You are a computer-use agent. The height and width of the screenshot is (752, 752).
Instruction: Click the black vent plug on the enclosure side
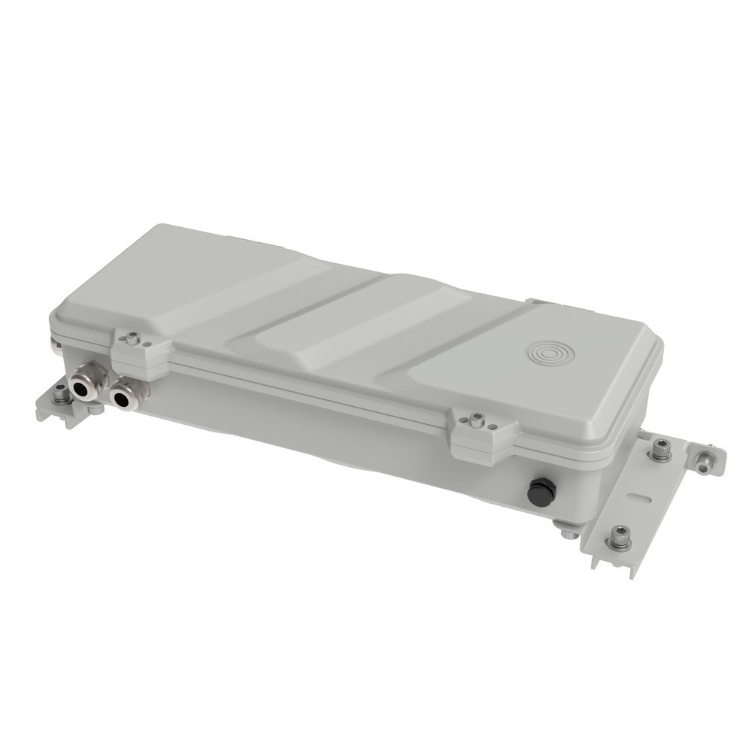541,491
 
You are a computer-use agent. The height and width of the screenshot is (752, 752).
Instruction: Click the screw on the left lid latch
133,338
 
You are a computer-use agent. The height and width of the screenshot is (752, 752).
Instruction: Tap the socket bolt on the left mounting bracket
61,393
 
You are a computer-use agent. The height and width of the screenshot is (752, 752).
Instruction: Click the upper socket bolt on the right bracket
661,450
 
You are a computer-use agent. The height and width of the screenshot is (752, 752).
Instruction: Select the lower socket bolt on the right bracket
620,537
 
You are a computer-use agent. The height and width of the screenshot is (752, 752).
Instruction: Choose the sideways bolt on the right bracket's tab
705,460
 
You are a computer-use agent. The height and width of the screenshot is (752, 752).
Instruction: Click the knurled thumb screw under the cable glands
96,410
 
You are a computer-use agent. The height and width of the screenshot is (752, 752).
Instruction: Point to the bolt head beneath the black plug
566,532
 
